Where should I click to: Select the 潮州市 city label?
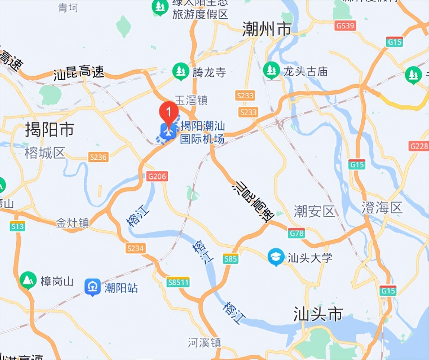coord(267,29)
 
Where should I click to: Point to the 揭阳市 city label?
coord(49,130)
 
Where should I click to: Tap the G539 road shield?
coord(345,26)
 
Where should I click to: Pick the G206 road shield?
coord(157,176)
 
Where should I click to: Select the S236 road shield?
coord(98,157)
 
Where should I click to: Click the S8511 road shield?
coord(178,282)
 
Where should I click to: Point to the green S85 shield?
coord(230,259)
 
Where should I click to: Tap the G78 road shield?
coord(296,233)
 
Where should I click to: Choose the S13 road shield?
coord(17,226)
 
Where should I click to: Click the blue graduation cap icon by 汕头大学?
coord(276,257)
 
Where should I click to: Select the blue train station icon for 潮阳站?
coord(93,287)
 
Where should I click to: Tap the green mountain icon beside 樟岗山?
coord(28,280)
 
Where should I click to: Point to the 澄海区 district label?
coord(382,208)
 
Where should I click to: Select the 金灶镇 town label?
coord(72,223)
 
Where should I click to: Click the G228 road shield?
coord(419,146)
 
